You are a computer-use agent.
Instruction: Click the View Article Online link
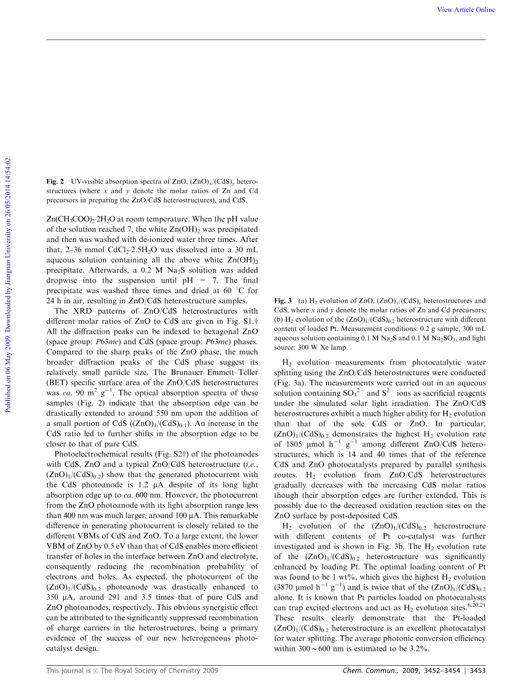coord(466,10)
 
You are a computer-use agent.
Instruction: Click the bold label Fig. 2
coord(55,181)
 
